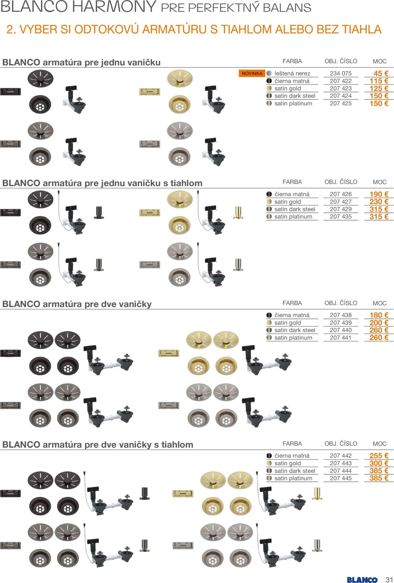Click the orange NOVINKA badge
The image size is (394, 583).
click(x=252, y=73)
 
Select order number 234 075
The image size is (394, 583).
click(x=340, y=73)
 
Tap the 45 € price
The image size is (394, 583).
click(x=381, y=73)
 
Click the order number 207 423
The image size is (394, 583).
click(x=340, y=88)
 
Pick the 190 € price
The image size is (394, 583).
click(x=379, y=194)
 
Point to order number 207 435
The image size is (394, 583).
click(x=340, y=217)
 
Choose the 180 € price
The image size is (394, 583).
click(x=379, y=315)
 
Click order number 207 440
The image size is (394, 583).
click(x=340, y=330)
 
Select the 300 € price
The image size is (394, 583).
click(x=379, y=463)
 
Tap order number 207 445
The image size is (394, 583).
click(x=340, y=478)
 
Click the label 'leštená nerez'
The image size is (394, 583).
click(x=292, y=73)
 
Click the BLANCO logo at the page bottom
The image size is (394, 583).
click(x=362, y=578)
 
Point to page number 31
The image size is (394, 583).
click(x=389, y=578)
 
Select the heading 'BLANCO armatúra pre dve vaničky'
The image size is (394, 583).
click(x=77, y=304)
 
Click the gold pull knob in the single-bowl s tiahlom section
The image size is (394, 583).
click(x=238, y=213)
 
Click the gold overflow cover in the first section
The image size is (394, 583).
click(x=150, y=92)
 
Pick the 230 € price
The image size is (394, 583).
click(x=379, y=202)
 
